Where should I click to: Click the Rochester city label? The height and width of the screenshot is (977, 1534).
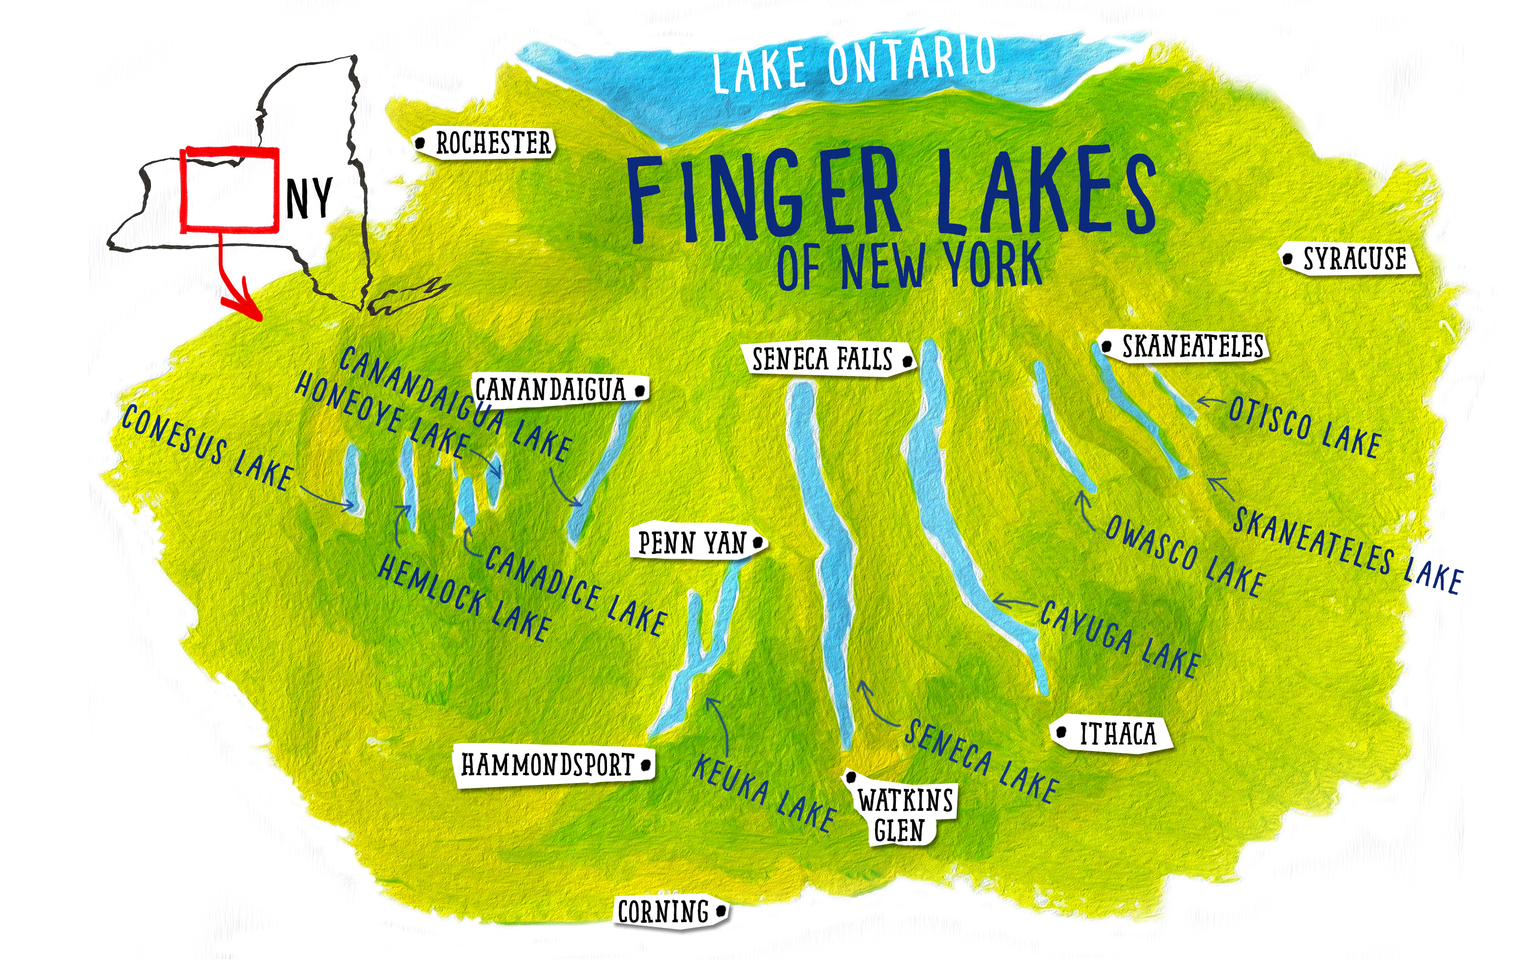pyautogui.click(x=492, y=143)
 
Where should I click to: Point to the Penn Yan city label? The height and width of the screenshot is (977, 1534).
pyautogui.click(x=692, y=543)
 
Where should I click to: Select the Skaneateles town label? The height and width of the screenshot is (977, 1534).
pyautogui.click(x=1192, y=346)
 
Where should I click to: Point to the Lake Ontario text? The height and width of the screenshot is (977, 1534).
pyautogui.click(x=854, y=64)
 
